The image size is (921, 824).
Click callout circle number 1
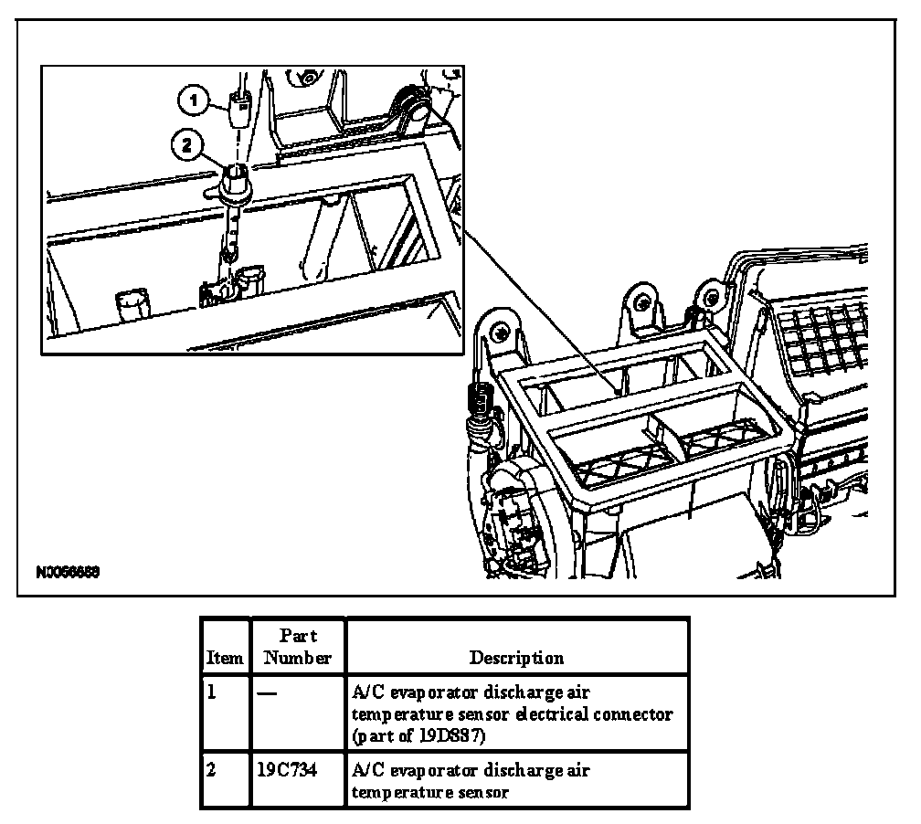point(195,100)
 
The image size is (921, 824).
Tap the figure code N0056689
point(69,573)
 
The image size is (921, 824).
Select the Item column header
point(225,657)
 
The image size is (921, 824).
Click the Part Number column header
point(298,646)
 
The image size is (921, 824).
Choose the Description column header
point(516,657)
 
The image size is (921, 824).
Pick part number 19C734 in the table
point(283,770)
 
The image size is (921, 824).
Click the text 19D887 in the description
point(454,734)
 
